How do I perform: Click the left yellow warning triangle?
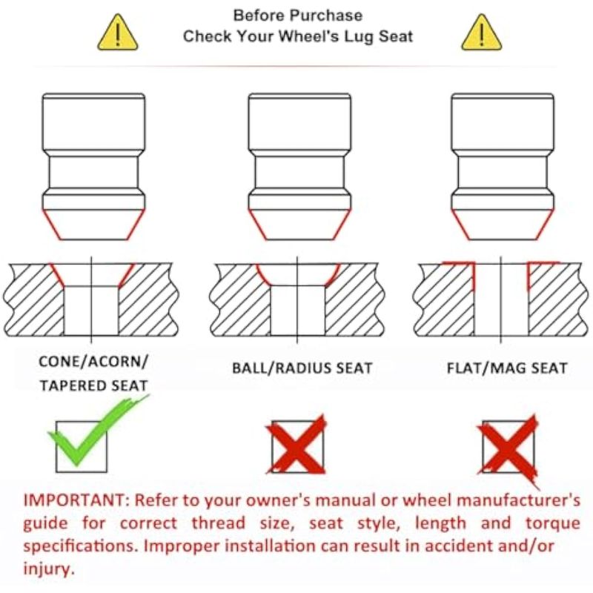coord(118,33)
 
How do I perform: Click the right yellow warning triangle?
coord(481,33)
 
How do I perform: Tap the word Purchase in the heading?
coord(327,16)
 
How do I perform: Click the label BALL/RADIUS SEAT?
coord(302,368)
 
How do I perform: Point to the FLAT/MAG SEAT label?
coord(507,368)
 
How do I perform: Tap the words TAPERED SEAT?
coord(93,385)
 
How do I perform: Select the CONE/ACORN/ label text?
coord(93,362)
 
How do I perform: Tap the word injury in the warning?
coord(49,569)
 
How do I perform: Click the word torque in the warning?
coord(552,523)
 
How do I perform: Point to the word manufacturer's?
coord(518,500)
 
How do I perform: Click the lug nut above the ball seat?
coord(299,166)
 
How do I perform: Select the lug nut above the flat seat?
coord(503,166)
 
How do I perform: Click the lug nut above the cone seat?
coord(93,166)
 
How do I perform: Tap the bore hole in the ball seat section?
coord(298,310)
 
